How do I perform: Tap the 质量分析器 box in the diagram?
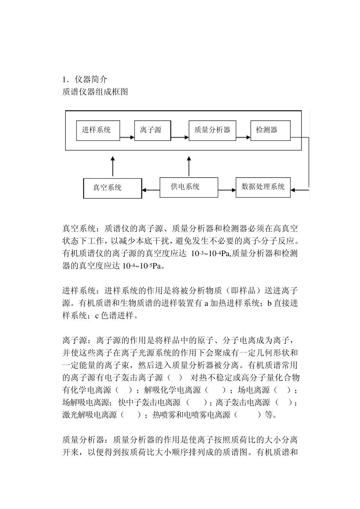point(212,130)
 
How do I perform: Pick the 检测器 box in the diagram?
point(270,130)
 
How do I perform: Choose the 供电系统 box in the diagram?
point(189,187)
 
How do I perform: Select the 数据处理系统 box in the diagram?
point(263,187)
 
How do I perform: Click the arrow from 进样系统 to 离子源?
point(127,137)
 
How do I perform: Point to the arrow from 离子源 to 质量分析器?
point(180,137)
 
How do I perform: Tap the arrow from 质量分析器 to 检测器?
point(243,137)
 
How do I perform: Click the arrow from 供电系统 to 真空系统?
point(151,190)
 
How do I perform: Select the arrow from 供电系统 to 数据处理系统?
point(227,190)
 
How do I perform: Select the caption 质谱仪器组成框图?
point(95,92)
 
